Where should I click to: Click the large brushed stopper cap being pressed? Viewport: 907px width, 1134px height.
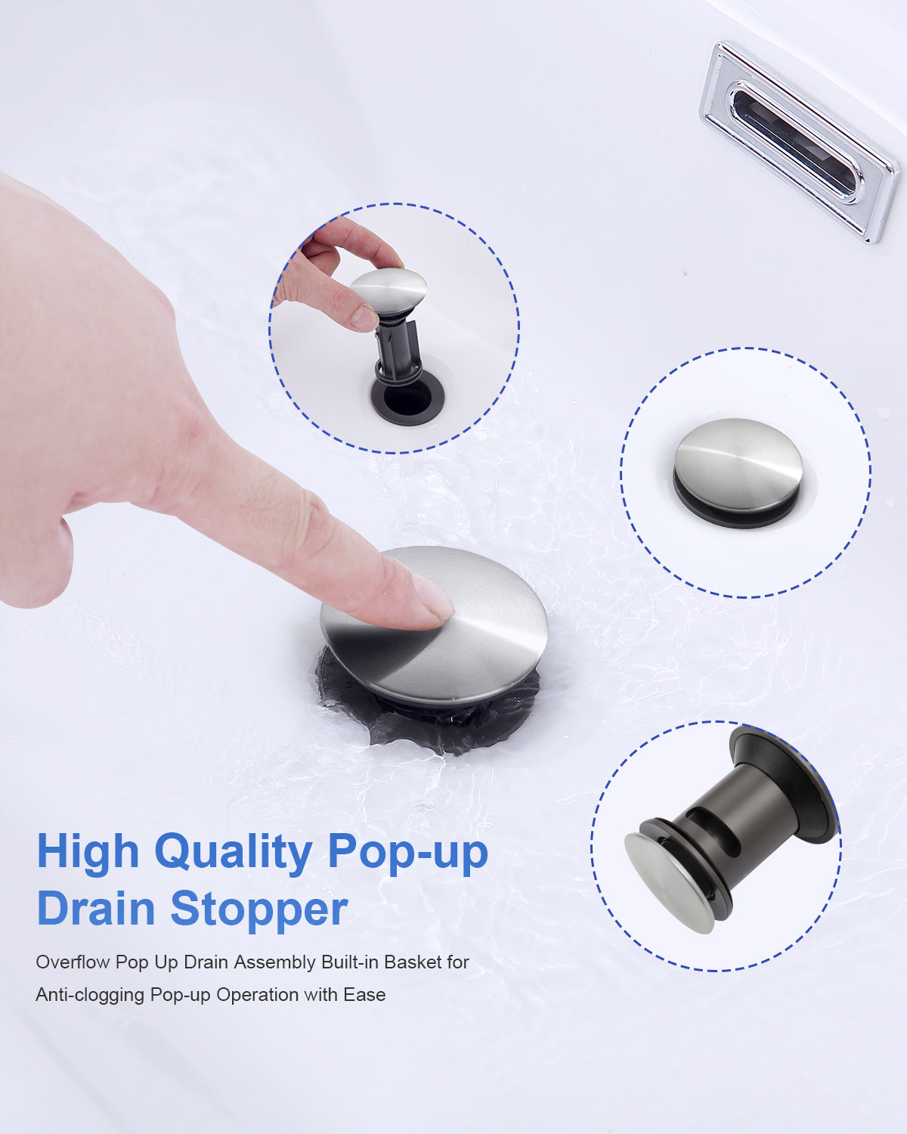pos(435,625)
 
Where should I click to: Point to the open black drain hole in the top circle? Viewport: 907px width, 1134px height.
pos(407,399)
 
